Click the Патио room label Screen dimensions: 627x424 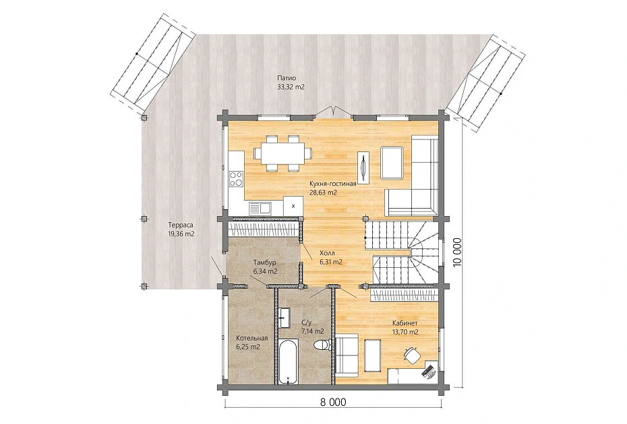tap(287, 78)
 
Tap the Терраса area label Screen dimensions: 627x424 tap(180, 225)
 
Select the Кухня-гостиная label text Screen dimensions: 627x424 tap(332, 184)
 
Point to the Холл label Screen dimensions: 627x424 tap(327, 253)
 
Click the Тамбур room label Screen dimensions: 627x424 tap(265, 262)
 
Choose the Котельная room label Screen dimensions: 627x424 tap(252, 338)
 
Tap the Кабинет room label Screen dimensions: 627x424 tap(405, 323)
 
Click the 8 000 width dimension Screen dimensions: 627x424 tap(333, 402)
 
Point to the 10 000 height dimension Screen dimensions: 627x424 tap(457, 252)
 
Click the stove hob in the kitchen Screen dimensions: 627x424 tap(236, 178)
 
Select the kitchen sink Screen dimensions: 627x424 tap(260, 208)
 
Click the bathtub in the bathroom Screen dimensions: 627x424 tap(288, 361)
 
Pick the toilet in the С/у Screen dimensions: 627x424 tap(322, 344)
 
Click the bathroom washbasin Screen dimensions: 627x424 tap(285, 318)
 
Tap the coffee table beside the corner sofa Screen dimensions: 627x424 tap(392, 162)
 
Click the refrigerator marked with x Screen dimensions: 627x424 tap(293, 206)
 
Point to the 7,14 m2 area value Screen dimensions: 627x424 tap(313, 331)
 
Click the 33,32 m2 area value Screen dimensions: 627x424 tap(291, 87)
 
